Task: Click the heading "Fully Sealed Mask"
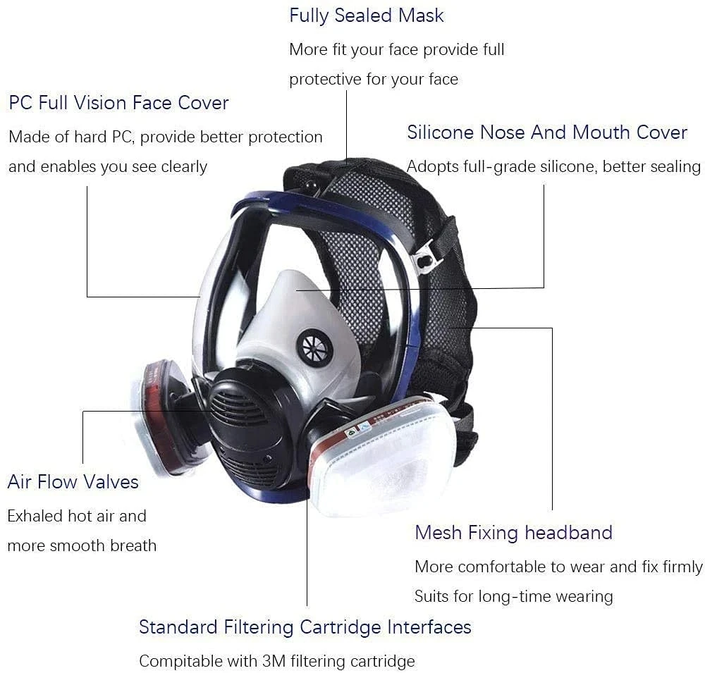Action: point(367,16)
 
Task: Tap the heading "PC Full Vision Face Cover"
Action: point(118,103)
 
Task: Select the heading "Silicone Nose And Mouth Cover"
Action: point(547,132)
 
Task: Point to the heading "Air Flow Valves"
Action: point(73,482)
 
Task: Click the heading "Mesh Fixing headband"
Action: point(513,533)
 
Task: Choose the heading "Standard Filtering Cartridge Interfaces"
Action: point(305,627)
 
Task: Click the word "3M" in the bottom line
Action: point(274,661)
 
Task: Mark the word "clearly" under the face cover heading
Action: point(184,167)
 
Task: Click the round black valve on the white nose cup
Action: point(314,347)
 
